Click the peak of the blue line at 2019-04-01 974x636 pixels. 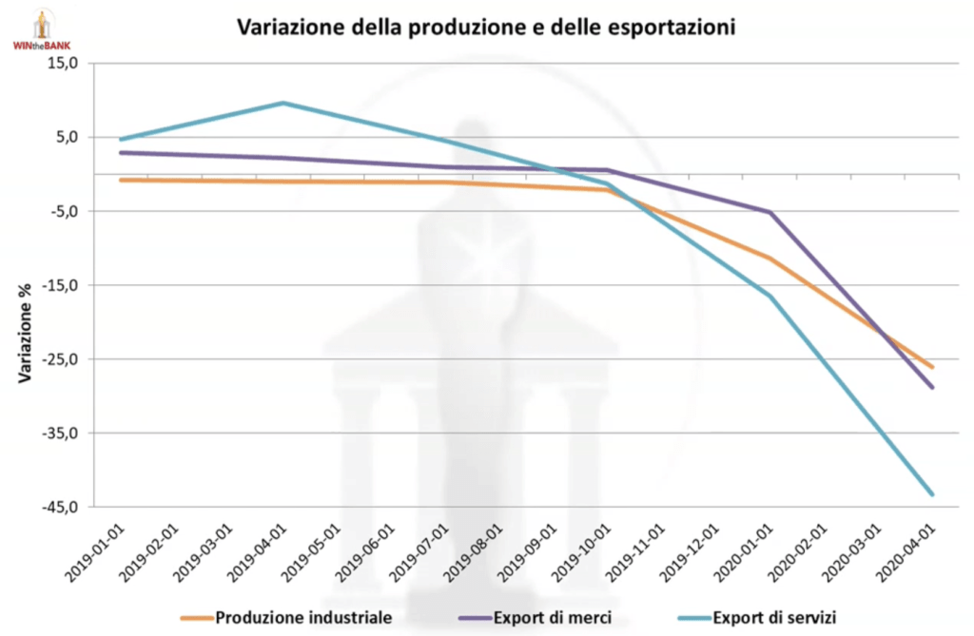pyautogui.click(x=283, y=103)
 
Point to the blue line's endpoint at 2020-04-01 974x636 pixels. pyautogui.click(x=932, y=494)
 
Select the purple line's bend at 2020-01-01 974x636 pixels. pyautogui.click(x=769, y=212)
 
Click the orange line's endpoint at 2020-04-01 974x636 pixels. pyautogui.click(x=932, y=367)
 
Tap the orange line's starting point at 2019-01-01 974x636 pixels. pyautogui.click(x=121, y=180)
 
